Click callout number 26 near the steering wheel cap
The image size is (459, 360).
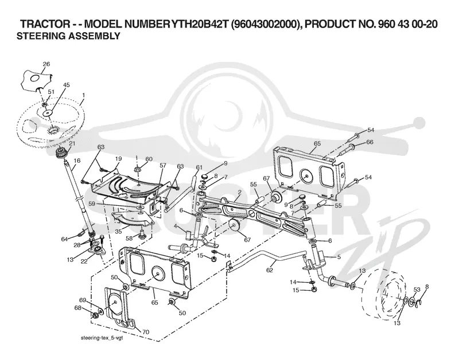(x=46, y=64)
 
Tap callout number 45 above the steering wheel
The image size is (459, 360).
(x=67, y=85)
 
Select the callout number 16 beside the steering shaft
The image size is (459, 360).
(x=77, y=161)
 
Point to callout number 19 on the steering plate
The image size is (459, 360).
(x=118, y=159)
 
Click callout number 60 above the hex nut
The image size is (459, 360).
(x=149, y=159)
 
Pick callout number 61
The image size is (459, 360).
(x=199, y=167)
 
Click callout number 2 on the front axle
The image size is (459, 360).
(x=239, y=192)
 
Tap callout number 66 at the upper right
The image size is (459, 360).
(x=369, y=142)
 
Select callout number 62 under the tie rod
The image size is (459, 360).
(x=269, y=270)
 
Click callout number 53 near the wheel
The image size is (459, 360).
(x=417, y=289)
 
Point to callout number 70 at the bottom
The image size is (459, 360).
(x=146, y=332)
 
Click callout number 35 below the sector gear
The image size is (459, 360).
(x=118, y=232)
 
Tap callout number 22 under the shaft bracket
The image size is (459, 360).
(x=84, y=261)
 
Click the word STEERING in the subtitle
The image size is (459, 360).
(x=41, y=36)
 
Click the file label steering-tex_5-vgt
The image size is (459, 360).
(x=101, y=338)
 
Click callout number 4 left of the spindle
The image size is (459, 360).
(x=175, y=226)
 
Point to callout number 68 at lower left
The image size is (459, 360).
(x=78, y=308)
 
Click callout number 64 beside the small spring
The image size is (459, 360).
(x=64, y=239)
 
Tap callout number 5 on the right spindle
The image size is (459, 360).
(x=339, y=257)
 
